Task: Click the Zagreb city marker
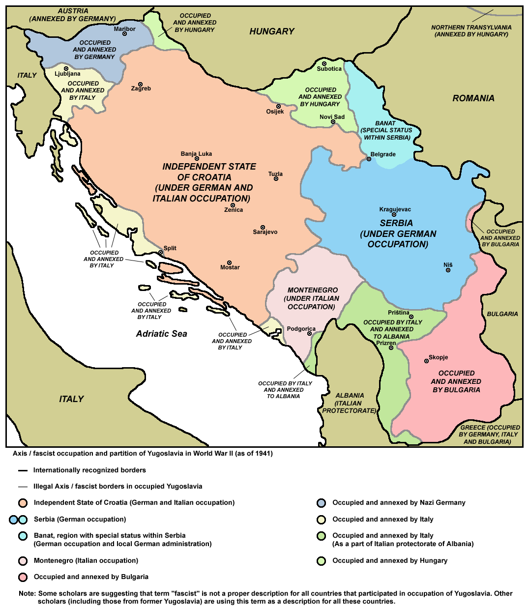[140, 84]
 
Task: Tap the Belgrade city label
[383, 154]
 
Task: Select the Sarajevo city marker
[263, 227]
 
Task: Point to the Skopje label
[438, 357]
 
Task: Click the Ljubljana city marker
[66, 68]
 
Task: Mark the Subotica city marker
[324, 63]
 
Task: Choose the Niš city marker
[448, 270]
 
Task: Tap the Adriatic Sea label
[161, 334]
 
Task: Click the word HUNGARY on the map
[271, 31]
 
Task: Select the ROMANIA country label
[473, 98]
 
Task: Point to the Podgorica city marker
[309, 334]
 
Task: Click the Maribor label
[124, 29]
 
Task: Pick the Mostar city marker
[229, 262]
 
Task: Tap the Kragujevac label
[395, 209]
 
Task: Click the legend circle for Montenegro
[23, 561]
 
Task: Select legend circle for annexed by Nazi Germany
[322, 503]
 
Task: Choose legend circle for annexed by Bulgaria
[23, 577]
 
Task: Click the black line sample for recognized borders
[23, 470]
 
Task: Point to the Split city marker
[161, 252]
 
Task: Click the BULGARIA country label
[502, 314]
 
